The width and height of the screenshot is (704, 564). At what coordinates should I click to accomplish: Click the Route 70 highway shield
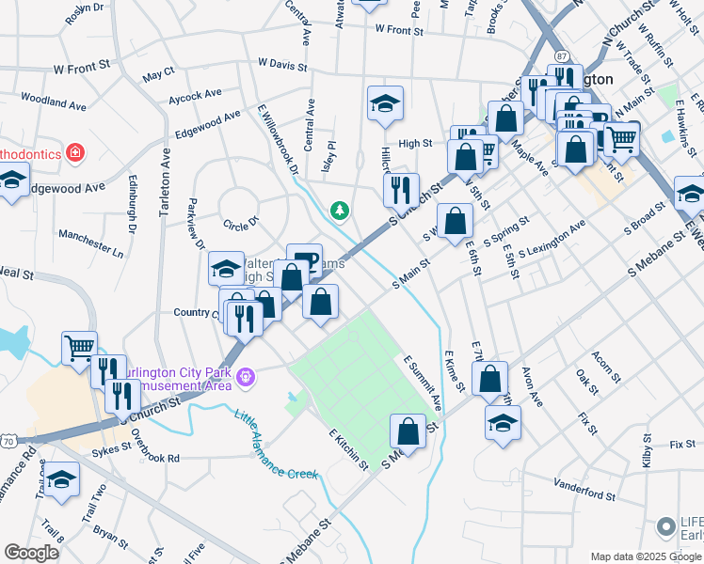click(x=8, y=440)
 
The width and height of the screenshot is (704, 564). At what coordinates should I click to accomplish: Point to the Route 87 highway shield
click(x=561, y=56)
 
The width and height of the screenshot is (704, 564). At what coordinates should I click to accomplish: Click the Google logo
click(x=32, y=553)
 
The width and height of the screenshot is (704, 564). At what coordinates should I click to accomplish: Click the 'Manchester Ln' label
click(x=90, y=244)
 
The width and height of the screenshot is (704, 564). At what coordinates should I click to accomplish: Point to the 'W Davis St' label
click(x=282, y=65)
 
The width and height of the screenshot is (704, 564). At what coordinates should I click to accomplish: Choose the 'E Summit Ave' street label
click(x=424, y=382)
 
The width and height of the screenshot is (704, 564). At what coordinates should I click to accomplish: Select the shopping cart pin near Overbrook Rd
click(x=80, y=346)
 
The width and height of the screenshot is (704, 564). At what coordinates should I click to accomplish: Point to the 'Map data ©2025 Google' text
click(x=632, y=556)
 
